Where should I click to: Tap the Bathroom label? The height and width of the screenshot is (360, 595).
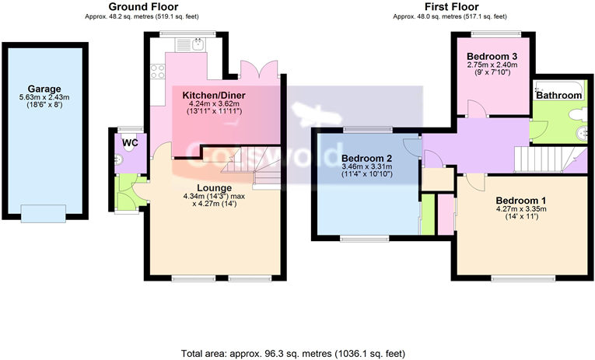point(558,95)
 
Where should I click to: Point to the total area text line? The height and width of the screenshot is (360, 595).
point(293,353)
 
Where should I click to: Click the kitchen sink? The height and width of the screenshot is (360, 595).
point(198,44)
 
